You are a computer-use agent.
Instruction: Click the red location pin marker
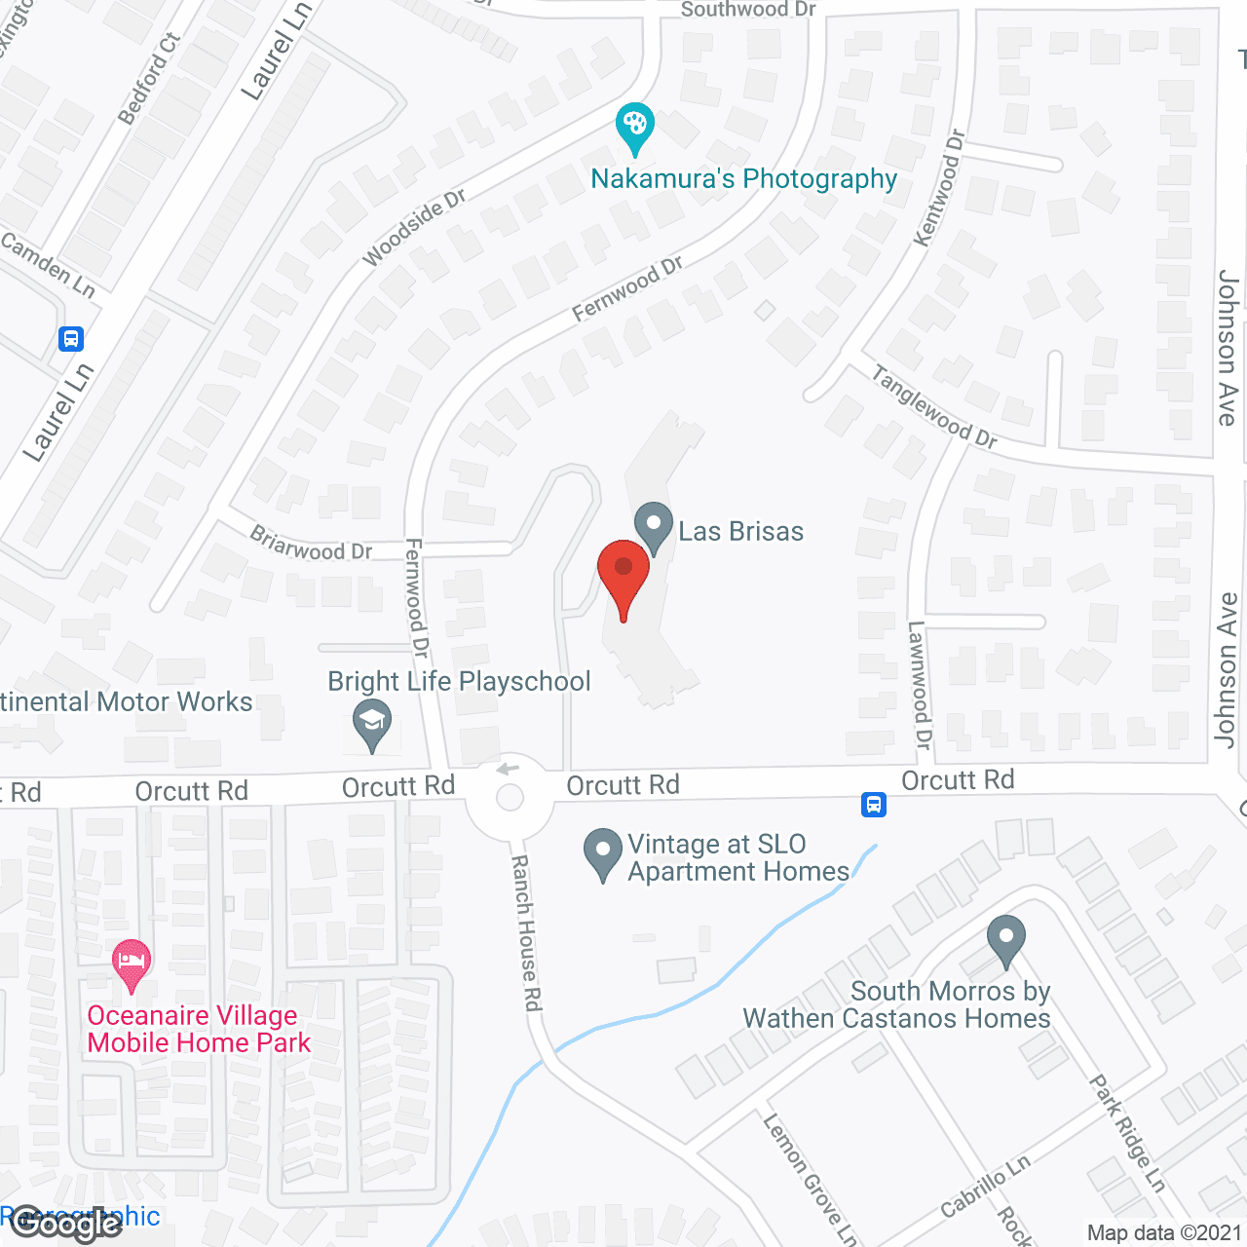point(623,575)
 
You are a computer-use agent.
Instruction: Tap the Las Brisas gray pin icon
point(654,526)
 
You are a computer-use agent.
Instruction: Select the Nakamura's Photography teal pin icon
point(635,127)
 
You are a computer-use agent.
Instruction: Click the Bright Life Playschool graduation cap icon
point(372,726)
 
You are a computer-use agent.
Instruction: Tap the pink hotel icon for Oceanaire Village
point(132,964)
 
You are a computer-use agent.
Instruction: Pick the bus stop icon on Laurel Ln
point(70,339)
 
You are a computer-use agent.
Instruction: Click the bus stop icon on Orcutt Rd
point(873,805)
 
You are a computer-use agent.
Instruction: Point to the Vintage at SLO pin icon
point(603,852)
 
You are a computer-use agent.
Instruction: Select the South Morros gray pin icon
point(1006,939)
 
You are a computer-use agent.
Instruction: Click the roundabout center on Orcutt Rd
point(510,799)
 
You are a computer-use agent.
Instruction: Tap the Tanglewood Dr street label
point(933,407)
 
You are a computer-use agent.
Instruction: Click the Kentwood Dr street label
point(939,188)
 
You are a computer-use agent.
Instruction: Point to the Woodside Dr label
point(414,228)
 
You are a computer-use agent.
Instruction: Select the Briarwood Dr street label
point(311,544)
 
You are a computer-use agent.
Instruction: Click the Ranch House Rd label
point(526,932)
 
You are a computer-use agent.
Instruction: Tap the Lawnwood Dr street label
point(920,685)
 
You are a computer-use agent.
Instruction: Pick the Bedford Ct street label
point(149,79)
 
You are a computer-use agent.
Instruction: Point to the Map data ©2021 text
point(1164,1232)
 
